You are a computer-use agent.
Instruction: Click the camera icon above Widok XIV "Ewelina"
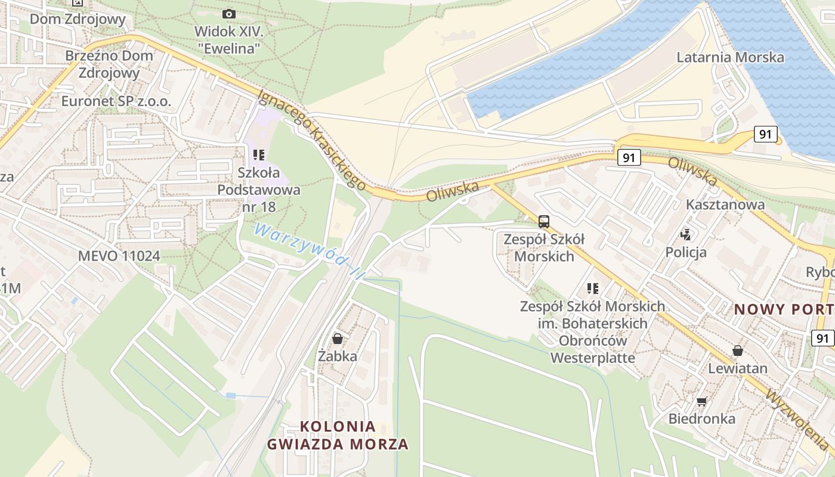[228, 14]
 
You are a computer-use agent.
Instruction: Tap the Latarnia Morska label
[730, 57]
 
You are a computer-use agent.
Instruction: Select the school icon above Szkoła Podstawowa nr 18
[258, 155]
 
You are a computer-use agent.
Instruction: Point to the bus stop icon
[543, 222]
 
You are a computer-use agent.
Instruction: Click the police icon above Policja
[685, 235]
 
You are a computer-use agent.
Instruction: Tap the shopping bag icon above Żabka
[338, 339]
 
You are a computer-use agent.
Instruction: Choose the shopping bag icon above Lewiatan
[737, 351]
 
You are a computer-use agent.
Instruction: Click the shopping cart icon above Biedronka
[701, 401]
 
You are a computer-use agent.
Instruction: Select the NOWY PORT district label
[784, 309]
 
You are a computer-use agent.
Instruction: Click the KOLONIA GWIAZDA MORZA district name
[338, 435]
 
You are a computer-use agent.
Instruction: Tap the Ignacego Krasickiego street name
[311, 140]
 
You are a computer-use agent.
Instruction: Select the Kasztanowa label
[725, 205]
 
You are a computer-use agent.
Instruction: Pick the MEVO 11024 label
[119, 256]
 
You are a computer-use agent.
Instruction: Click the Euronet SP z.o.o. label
[116, 101]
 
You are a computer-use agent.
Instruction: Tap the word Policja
[686, 252]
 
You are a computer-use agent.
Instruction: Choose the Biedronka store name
[701, 419]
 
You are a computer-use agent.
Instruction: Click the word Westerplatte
[592, 358]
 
